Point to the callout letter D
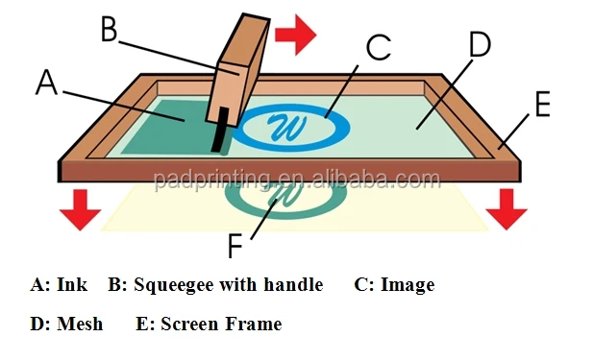(x=478, y=45)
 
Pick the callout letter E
(x=541, y=104)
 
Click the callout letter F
(x=236, y=246)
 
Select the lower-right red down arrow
(x=507, y=209)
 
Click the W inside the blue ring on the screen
(x=285, y=125)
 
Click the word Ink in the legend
(x=72, y=285)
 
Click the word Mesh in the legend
(x=80, y=324)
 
